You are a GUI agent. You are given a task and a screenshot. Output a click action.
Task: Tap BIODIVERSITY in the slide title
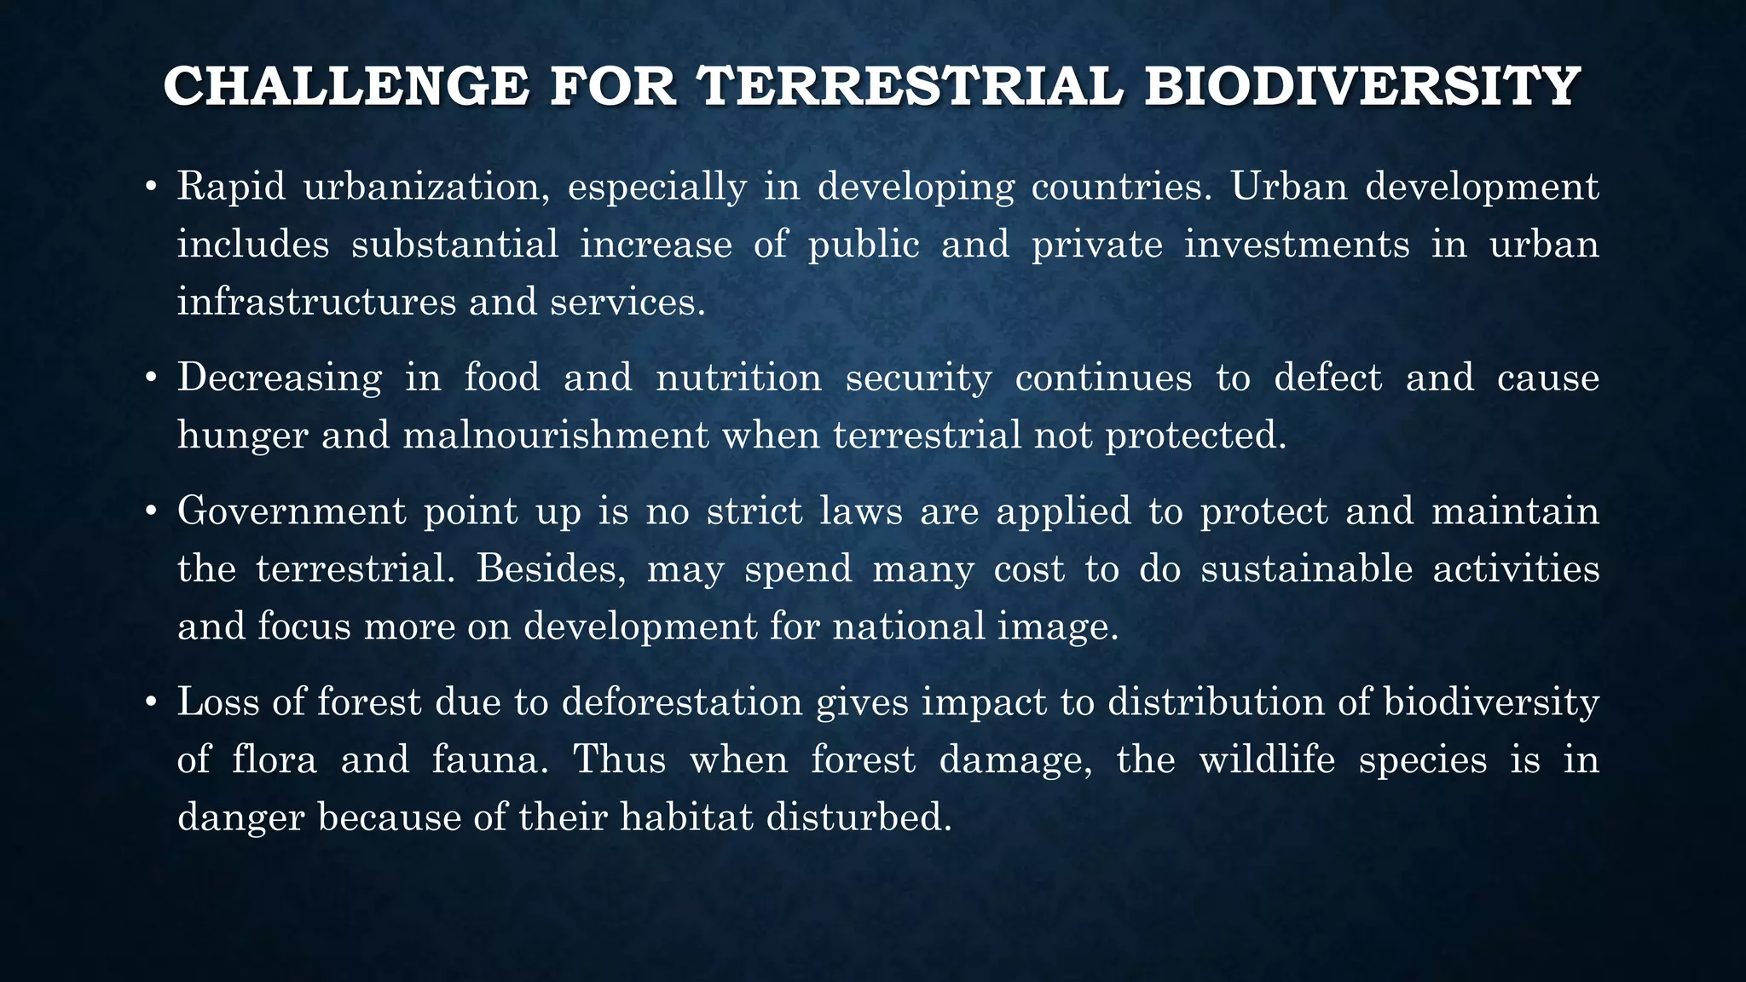1362,87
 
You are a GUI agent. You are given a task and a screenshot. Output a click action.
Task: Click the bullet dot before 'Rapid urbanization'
150,188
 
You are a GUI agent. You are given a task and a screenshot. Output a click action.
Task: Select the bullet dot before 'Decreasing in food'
150,378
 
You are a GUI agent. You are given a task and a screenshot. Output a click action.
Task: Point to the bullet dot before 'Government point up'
150,512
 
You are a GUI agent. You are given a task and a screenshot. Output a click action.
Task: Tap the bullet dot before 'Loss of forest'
150,703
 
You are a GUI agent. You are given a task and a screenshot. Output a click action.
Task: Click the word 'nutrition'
738,378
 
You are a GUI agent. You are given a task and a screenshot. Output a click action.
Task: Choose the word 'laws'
860,512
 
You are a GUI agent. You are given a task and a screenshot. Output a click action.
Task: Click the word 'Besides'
551,569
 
